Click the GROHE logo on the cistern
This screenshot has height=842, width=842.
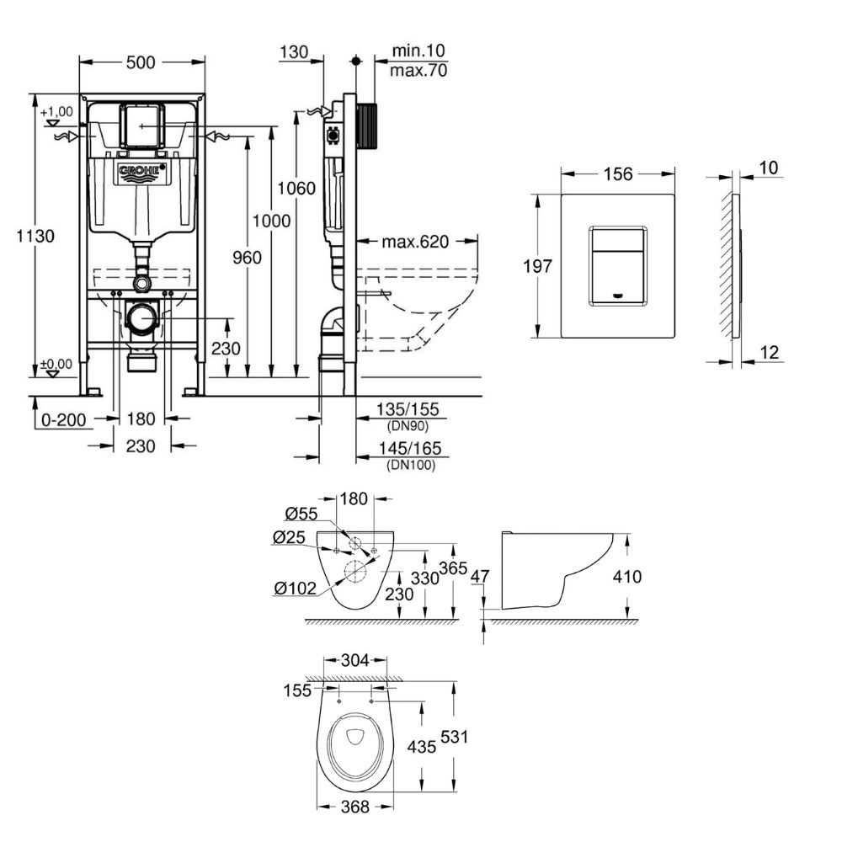click(x=139, y=173)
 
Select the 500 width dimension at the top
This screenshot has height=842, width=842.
click(x=141, y=61)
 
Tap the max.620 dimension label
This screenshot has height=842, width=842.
click(x=416, y=242)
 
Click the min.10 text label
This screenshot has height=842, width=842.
click(x=418, y=53)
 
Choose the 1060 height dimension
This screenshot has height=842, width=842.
click(x=299, y=188)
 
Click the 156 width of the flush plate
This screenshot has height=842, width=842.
click(x=618, y=174)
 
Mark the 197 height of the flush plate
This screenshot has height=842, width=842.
click(x=536, y=266)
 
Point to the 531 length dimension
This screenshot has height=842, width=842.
click(x=454, y=737)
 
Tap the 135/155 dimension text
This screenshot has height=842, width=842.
click(x=413, y=410)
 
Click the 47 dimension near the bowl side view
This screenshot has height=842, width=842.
click(x=480, y=577)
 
